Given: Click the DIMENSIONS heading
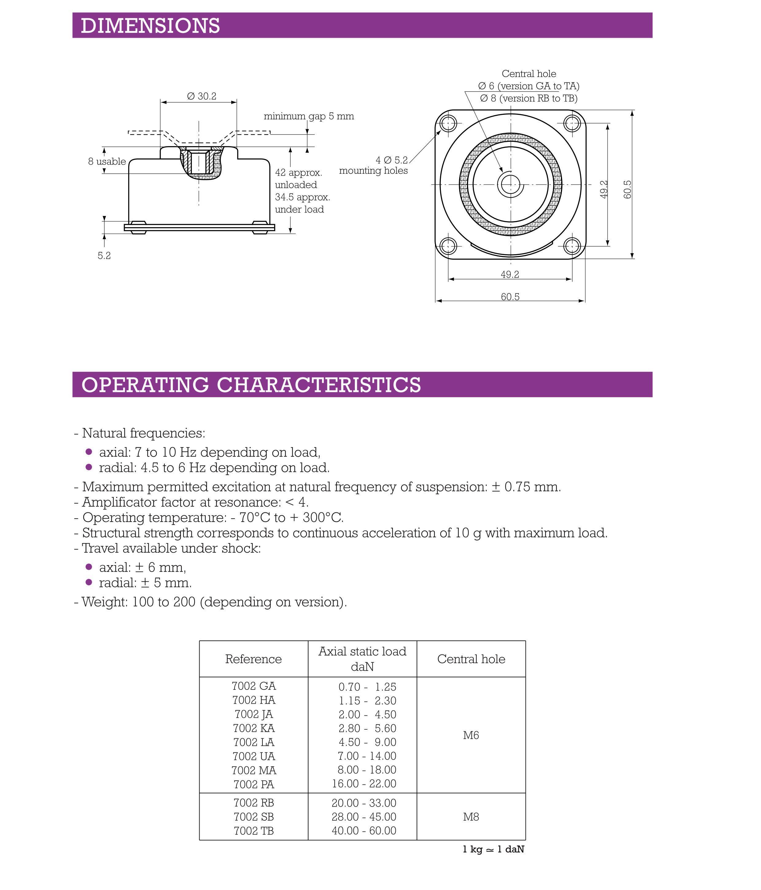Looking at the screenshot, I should click(x=150, y=26).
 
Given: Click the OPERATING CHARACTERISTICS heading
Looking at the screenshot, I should click(x=251, y=384).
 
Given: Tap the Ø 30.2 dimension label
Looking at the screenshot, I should click(x=202, y=96).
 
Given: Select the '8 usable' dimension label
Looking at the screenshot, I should click(x=107, y=161).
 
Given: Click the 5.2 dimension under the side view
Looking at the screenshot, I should click(x=104, y=255).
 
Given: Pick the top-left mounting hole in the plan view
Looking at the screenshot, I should click(x=448, y=124).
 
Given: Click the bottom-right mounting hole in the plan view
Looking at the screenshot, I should click(x=572, y=246).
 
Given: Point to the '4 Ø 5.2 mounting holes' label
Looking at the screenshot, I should click(x=374, y=165).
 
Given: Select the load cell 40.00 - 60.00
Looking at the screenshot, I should click(x=363, y=831).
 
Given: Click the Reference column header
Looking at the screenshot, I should click(x=253, y=659).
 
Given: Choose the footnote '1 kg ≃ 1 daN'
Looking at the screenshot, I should click(x=493, y=849).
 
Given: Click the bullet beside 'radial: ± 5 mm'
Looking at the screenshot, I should click(x=89, y=582).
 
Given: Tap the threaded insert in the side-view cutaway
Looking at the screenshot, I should click(x=198, y=161).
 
